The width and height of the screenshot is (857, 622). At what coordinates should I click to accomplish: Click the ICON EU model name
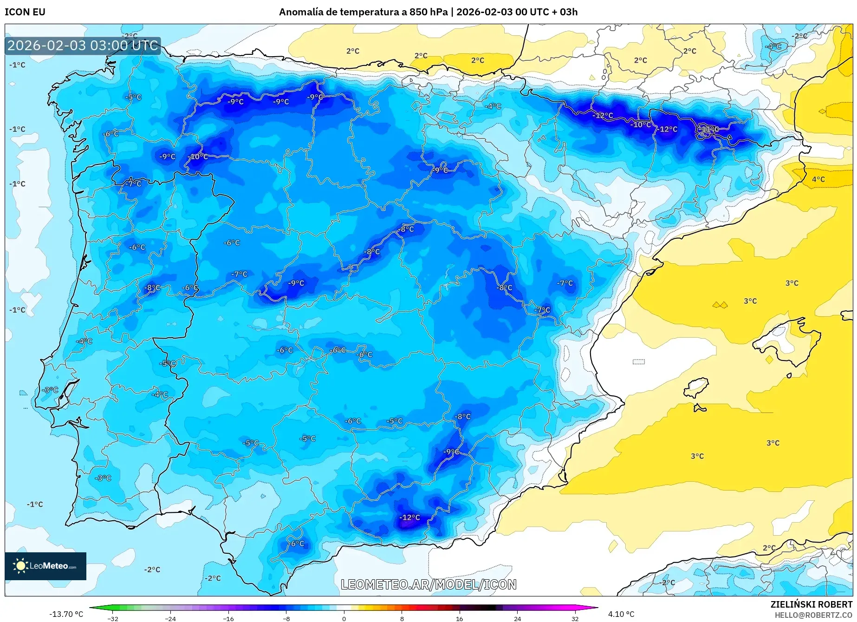(x=25, y=12)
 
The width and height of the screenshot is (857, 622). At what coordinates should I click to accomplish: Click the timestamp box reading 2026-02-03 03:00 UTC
(x=83, y=46)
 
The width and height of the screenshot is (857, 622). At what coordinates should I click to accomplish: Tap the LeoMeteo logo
(x=45, y=566)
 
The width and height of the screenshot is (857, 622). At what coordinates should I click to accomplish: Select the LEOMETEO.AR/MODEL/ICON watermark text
(x=428, y=584)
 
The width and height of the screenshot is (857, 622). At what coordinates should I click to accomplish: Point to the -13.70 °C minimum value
(x=66, y=614)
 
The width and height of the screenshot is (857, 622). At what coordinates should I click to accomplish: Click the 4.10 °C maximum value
(x=621, y=614)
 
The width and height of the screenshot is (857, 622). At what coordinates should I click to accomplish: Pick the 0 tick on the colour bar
(x=344, y=619)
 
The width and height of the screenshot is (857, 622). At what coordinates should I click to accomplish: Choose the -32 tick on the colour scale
(x=113, y=619)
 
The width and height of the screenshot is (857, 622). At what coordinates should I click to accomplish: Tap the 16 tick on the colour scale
(x=459, y=619)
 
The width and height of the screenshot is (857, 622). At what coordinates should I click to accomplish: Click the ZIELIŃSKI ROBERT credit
(x=812, y=604)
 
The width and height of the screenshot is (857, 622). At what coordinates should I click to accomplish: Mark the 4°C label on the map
(x=818, y=179)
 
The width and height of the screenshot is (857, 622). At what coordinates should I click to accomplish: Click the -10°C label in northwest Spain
(x=198, y=157)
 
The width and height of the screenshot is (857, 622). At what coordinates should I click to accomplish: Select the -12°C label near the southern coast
(x=409, y=517)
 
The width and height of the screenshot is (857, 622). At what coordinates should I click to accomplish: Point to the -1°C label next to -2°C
(x=35, y=504)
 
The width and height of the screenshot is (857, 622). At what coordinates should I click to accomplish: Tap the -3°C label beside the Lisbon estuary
(x=50, y=390)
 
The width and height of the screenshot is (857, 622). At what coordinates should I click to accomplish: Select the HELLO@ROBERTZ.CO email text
(x=813, y=615)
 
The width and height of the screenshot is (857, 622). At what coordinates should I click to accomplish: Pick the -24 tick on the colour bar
(x=170, y=619)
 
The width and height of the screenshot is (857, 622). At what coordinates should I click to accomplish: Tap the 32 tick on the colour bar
(x=575, y=619)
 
